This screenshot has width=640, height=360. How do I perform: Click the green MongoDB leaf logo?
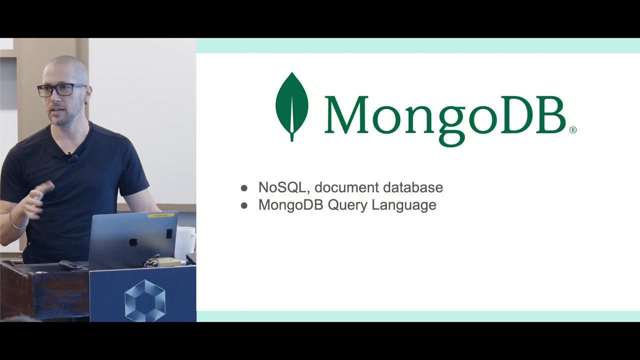click(x=291, y=106)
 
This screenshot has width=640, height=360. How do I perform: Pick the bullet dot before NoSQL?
click(x=244, y=188)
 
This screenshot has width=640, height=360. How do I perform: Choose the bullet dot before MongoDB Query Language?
click(x=244, y=205)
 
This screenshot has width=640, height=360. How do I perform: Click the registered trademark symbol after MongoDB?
click(x=573, y=130)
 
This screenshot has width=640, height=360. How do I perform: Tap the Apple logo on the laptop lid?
click(x=133, y=242)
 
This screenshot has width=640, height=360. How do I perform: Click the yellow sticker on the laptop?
click(x=160, y=215)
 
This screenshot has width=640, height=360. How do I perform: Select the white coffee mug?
click(x=184, y=242)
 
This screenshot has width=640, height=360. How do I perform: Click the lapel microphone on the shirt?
click(x=73, y=158)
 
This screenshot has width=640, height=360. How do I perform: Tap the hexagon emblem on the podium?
click(x=144, y=300)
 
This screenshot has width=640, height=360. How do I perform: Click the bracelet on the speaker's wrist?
click(x=15, y=222)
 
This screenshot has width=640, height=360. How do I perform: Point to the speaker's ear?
click(x=88, y=95)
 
